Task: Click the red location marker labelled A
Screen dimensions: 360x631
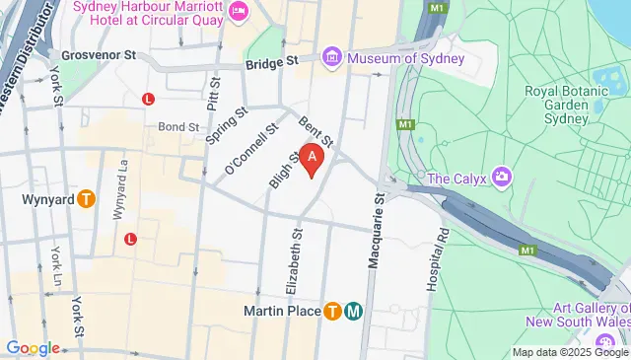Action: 313,158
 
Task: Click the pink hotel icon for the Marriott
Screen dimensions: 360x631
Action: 238,11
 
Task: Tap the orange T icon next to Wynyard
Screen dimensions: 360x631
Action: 87,199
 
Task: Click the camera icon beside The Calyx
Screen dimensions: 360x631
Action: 503,178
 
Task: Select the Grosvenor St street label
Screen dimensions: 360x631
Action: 97,56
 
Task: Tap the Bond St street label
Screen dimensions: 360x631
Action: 178,127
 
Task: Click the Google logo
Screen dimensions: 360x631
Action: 33,347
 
